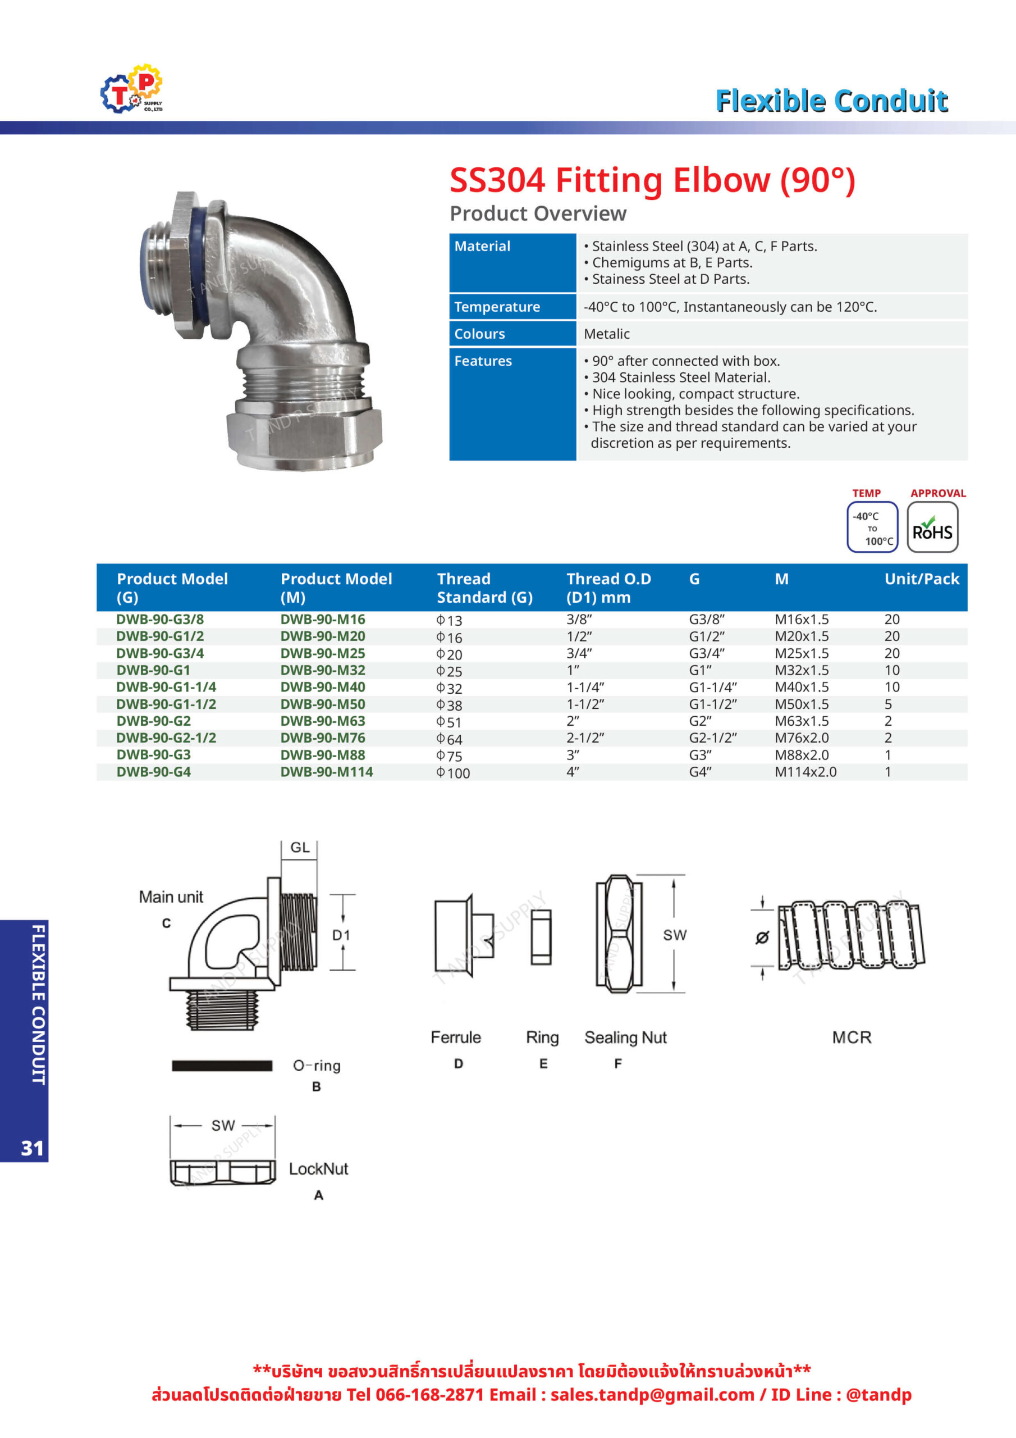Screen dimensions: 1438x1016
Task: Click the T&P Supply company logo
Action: [x=132, y=89]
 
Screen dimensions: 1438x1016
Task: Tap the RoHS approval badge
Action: [x=932, y=527]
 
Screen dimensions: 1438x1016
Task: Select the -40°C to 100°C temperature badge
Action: [x=872, y=527]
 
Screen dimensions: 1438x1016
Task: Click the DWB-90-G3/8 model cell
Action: [x=160, y=620]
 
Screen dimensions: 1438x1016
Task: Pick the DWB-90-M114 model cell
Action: [x=326, y=772]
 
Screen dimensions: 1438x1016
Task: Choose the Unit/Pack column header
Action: [x=922, y=579]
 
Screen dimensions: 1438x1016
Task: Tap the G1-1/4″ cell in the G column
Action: [x=713, y=687]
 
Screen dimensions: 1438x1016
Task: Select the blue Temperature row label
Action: [x=497, y=307]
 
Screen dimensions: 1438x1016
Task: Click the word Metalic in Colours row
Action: [x=607, y=334]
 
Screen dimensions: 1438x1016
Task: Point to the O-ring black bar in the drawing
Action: [x=222, y=1066]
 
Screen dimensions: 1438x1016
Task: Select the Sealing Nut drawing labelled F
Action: [x=619, y=934]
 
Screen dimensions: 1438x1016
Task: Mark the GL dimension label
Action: [x=300, y=848]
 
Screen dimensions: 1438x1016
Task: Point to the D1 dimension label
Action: [x=341, y=935]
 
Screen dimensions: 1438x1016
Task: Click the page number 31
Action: [x=32, y=1148]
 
